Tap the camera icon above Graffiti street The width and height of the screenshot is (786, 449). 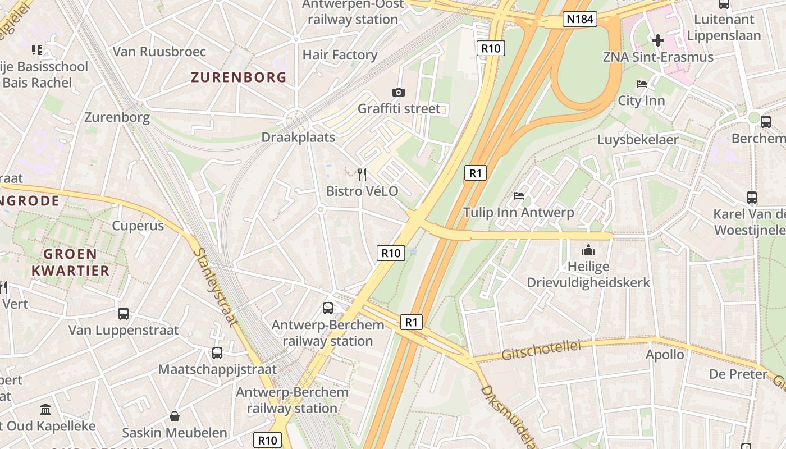[x=399, y=92]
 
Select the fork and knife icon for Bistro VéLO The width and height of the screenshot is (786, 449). [x=362, y=175]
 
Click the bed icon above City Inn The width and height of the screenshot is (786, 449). [x=641, y=84]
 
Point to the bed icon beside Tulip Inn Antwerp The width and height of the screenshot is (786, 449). [x=519, y=196]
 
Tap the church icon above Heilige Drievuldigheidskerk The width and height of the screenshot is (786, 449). [x=588, y=249]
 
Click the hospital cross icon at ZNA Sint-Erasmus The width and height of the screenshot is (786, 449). [x=657, y=40]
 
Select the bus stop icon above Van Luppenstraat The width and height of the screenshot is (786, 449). [x=124, y=313]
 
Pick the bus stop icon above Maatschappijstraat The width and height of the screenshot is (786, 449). [x=217, y=353]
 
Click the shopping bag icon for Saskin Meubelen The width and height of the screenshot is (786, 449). [x=175, y=416]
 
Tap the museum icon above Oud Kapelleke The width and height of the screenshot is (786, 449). [x=45, y=410]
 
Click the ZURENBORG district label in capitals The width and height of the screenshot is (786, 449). [x=239, y=77]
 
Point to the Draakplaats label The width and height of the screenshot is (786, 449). [x=298, y=138]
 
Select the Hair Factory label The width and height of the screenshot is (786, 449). [x=340, y=55]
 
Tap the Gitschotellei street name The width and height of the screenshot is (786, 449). [x=541, y=350]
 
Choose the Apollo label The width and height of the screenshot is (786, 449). [x=665, y=355]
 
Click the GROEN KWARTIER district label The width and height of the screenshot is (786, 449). [x=70, y=262]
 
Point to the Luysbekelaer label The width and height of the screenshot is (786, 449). [x=637, y=140]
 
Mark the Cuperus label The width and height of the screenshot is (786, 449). [x=138, y=226]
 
